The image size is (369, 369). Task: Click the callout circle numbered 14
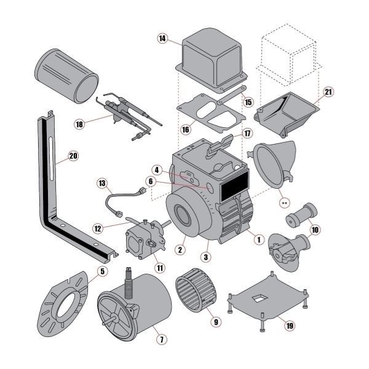(162, 39)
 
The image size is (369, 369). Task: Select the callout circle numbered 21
(328, 92)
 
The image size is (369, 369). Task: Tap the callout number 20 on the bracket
(73, 156)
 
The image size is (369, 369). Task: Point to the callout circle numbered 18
(79, 124)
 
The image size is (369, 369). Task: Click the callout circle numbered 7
(161, 339)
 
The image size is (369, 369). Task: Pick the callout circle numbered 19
(290, 325)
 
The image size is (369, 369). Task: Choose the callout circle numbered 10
(315, 230)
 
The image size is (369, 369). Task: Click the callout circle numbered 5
(102, 269)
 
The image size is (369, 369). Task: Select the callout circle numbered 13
(102, 183)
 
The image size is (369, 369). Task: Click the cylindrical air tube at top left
(66, 71)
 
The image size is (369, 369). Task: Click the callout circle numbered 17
(247, 133)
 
